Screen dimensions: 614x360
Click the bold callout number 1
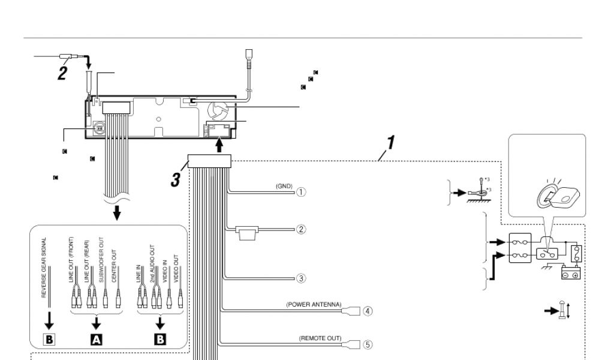click(x=390, y=144)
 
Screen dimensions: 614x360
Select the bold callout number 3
click(x=176, y=179)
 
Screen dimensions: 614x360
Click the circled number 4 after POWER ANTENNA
click(x=368, y=311)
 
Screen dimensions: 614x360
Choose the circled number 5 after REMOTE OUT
click(x=368, y=345)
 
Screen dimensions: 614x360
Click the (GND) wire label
click(x=284, y=187)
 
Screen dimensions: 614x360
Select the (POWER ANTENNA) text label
click(x=314, y=305)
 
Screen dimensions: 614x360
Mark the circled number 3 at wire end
click(x=302, y=278)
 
